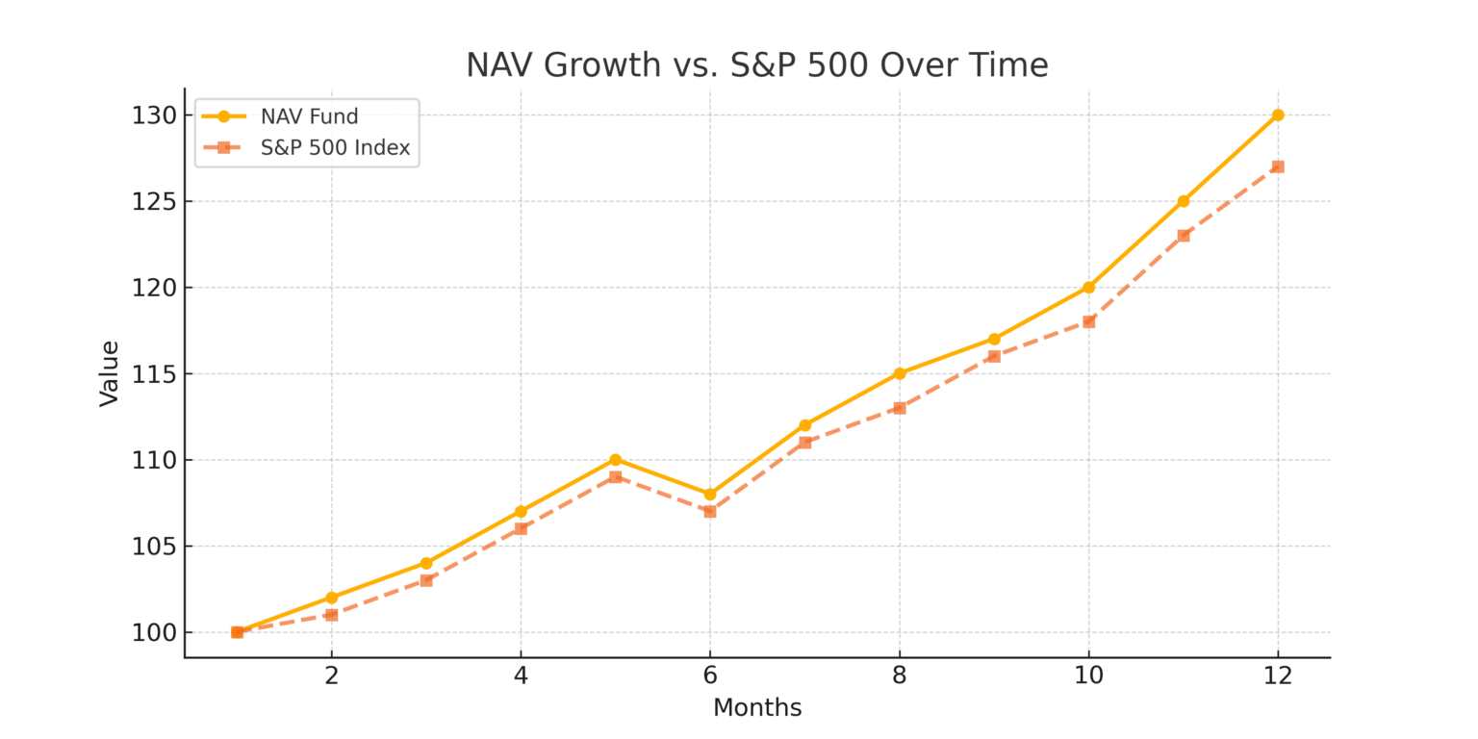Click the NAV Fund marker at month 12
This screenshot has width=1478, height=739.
[x=1278, y=115]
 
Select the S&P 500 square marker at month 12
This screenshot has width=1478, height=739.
[x=1278, y=166]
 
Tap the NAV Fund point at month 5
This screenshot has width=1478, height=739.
[x=615, y=460]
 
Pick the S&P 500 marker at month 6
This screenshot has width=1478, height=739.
[x=710, y=511]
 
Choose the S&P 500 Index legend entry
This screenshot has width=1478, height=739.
[x=335, y=148]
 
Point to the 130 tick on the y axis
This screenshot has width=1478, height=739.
[x=155, y=115]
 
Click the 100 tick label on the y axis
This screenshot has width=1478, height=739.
[x=155, y=632]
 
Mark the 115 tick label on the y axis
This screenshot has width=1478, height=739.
[x=155, y=373]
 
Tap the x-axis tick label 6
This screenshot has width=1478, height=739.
[x=710, y=675]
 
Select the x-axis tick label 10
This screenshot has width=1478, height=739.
[x=1088, y=675]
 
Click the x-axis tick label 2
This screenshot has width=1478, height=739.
[x=332, y=675]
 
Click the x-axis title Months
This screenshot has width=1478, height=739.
[x=757, y=708]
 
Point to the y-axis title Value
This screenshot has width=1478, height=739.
[x=110, y=373]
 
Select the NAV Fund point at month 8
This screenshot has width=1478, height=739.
[x=900, y=373]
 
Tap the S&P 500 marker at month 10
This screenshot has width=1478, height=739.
[x=1088, y=321]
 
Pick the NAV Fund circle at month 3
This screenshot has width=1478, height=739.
[x=426, y=563]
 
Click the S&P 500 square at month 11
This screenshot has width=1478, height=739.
[x=1184, y=236]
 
